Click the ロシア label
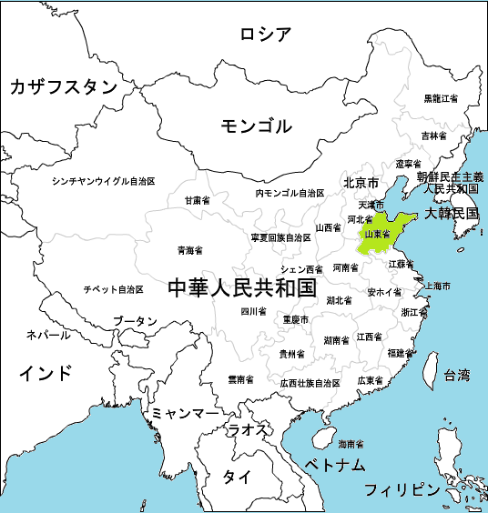[266, 35]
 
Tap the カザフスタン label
[64, 87]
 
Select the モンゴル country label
[256, 126]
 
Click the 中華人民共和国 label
[242, 289]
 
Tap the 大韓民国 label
[452, 214]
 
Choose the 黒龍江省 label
[441, 98]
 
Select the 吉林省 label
[433, 136]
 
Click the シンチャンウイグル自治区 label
[104, 181]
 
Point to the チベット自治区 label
[113, 289]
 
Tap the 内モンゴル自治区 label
[290, 194]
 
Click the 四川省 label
[253, 311]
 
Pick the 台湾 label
[456, 375]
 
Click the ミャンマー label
[186, 413]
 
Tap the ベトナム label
[335, 465]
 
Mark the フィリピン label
[402, 489]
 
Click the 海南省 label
[351, 445]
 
